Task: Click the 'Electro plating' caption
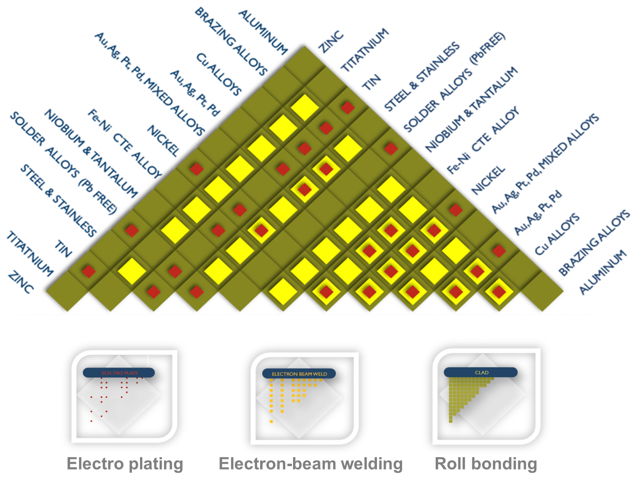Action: click(x=125, y=464)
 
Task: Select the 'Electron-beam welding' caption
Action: click(x=311, y=464)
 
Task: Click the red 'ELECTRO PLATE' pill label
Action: click(x=119, y=373)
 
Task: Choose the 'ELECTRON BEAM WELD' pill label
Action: click(x=299, y=374)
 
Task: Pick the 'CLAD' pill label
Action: click(x=481, y=373)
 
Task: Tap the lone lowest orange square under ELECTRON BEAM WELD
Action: click(x=271, y=421)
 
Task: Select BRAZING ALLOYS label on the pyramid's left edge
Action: click(x=229, y=41)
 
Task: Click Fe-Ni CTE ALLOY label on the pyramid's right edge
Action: click(x=484, y=140)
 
